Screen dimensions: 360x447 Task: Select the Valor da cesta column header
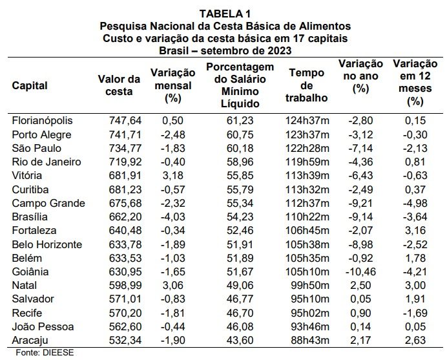coord(119,85)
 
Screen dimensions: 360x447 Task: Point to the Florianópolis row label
coord(42,121)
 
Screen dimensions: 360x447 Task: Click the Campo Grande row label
coord(48,204)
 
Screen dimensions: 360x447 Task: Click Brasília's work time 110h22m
coord(307,217)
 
